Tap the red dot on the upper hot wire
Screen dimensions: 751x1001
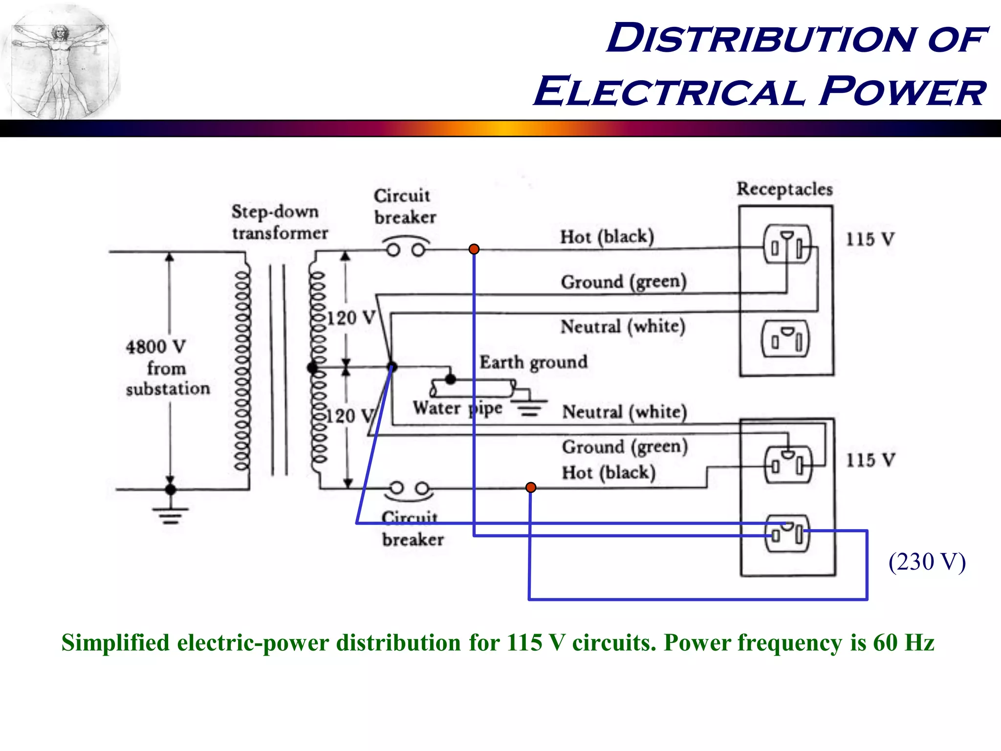[x=474, y=249]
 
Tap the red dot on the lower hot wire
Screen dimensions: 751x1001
[x=531, y=487]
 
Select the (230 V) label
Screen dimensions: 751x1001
[x=927, y=562]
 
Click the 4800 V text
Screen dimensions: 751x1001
[x=155, y=347]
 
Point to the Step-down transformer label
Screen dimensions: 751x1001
[x=279, y=222]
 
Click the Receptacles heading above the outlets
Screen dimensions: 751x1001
[x=784, y=189]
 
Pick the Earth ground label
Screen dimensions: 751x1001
[x=533, y=362]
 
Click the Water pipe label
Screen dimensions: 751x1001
[x=457, y=408]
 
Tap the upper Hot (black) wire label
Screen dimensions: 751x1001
[x=607, y=237]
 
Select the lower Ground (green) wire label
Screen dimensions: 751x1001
[x=624, y=447]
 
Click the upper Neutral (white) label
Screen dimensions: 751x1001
[x=623, y=327]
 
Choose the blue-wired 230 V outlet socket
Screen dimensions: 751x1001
[x=787, y=533]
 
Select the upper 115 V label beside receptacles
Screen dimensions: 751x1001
[x=870, y=240]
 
